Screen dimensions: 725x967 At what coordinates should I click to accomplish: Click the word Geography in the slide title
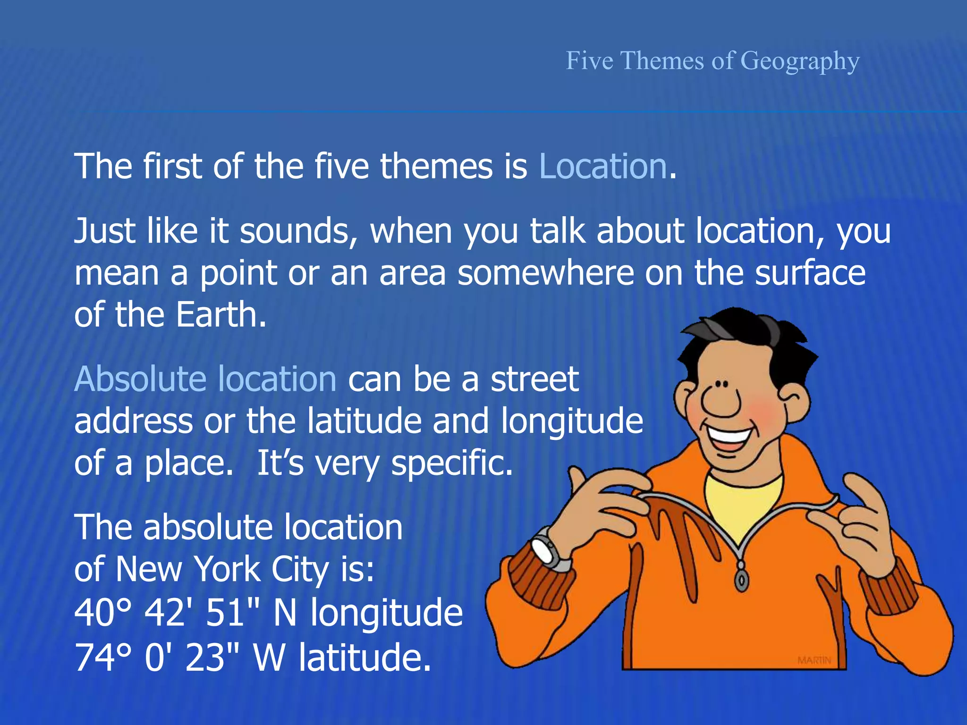(x=800, y=61)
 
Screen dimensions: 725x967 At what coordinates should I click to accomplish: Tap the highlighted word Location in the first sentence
(x=602, y=167)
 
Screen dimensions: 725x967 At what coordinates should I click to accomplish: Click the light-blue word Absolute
(x=140, y=379)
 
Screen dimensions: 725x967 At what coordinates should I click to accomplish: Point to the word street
(x=534, y=379)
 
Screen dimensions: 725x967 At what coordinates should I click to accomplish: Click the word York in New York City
(x=228, y=569)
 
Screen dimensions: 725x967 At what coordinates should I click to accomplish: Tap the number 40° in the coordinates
(x=102, y=612)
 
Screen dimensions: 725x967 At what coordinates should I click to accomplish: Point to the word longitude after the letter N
(x=386, y=613)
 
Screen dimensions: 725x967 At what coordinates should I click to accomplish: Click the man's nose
(x=720, y=402)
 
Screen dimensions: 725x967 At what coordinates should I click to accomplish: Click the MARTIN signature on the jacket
(x=814, y=660)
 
